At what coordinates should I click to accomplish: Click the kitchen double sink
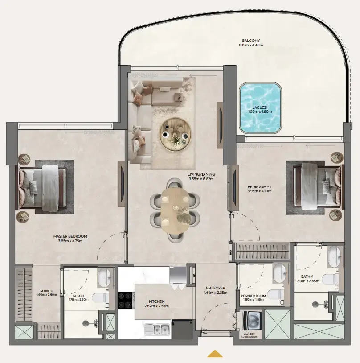(156, 330)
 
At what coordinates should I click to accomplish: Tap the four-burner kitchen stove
(125, 300)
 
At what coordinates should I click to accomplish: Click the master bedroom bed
(42, 187)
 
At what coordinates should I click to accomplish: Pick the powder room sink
(279, 272)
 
